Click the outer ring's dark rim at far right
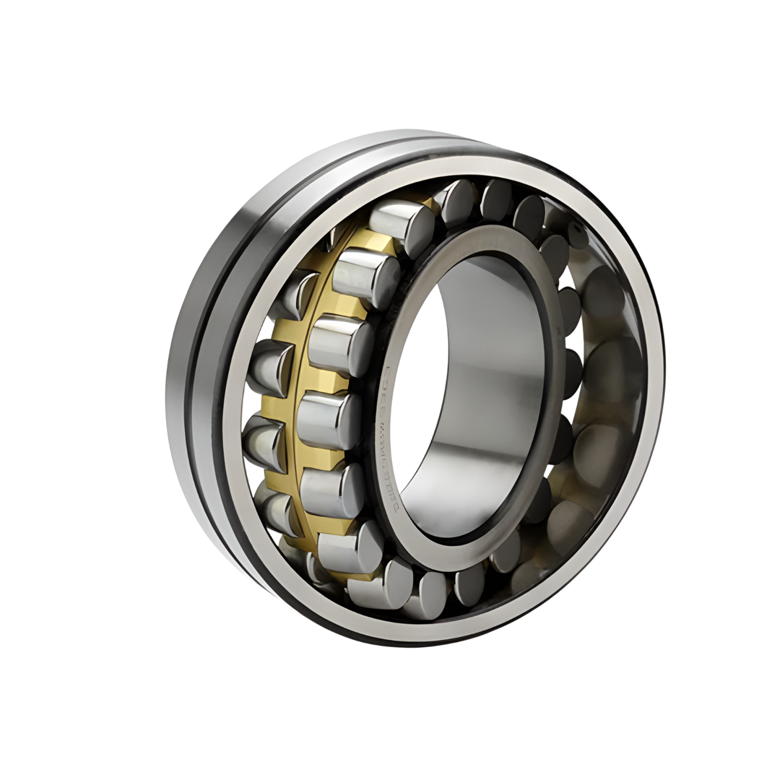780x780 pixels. (x=660, y=361)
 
